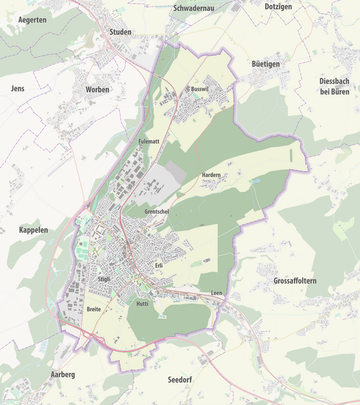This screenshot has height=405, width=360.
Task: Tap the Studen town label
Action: [x=120, y=32]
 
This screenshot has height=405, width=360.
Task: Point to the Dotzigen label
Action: [x=279, y=5]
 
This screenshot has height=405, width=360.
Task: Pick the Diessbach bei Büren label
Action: [x=334, y=86]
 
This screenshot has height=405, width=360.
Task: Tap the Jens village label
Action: [x=18, y=89]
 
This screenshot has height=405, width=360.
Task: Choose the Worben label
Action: [x=97, y=90]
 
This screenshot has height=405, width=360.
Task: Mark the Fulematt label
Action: [x=148, y=141]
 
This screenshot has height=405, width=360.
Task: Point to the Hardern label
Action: [x=211, y=175]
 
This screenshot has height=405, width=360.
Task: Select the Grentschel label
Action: [x=156, y=212]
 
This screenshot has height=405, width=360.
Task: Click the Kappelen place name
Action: [x=34, y=231]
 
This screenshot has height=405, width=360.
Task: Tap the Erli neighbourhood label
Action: [x=159, y=266]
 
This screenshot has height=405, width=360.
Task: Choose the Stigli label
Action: [x=104, y=279]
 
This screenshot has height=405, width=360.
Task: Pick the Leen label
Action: [x=217, y=293]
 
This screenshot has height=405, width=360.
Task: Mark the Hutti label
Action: [x=142, y=304]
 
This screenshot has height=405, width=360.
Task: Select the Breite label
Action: [x=94, y=309]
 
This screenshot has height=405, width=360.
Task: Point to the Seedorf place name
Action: [x=180, y=380]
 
